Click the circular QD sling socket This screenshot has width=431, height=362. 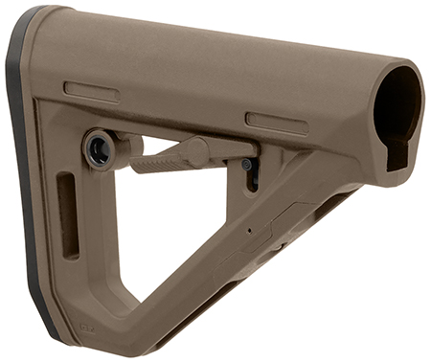(x=99, y=148)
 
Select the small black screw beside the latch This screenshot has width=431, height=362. (x=247, y=164)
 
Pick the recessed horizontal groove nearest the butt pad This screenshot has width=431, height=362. (x=91, y=92)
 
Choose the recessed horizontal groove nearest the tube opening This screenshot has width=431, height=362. (x=276, y=123)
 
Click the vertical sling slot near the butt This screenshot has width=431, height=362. (x=68, y=215)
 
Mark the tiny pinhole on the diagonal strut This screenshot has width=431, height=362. (x=249, y=230)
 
